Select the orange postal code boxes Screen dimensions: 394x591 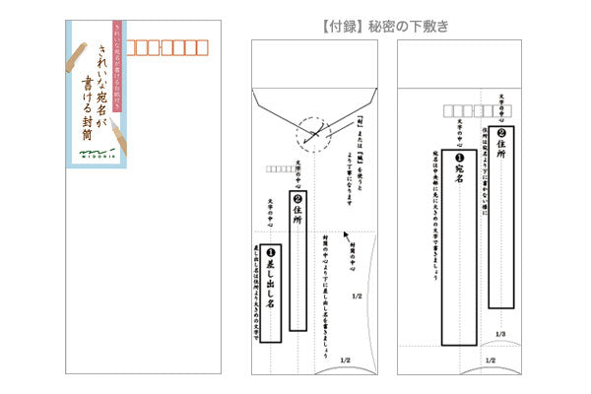(x=164, y=46)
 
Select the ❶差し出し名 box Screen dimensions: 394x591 (x=267, y=290)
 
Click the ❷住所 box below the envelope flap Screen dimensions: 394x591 (x=300, y=219)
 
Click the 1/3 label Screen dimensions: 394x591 (x=501, y=335)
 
